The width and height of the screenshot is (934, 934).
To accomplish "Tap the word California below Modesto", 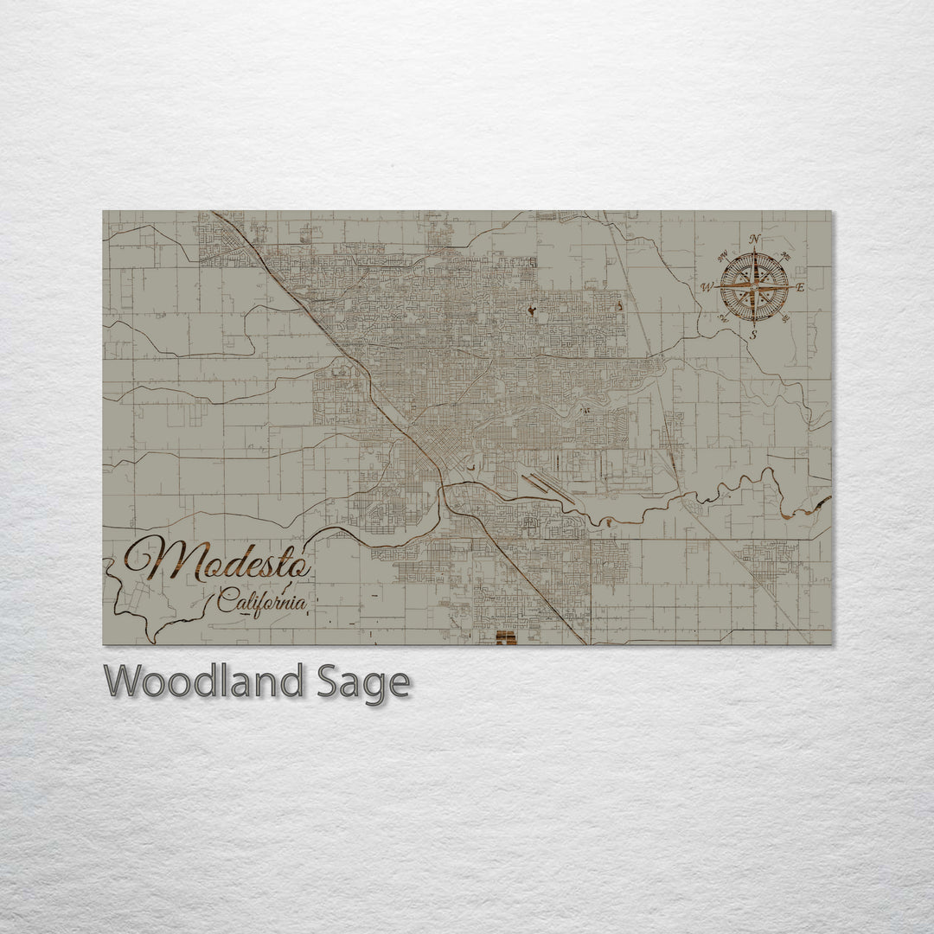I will [260, 599].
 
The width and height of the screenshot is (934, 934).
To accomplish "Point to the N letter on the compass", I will [754, 240].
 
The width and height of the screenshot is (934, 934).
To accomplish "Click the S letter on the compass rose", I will [753, 334].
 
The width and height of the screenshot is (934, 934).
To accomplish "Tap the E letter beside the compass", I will [800, 287].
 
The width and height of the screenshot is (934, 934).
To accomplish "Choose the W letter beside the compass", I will [707, 287].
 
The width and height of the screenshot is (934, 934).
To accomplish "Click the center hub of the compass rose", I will [754, 286].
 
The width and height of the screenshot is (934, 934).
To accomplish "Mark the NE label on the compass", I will [784, 255].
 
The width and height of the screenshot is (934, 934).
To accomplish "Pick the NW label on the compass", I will [723, 256].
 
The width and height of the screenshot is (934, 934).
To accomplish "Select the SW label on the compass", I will [724, 317].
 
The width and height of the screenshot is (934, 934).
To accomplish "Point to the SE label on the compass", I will [784, 317].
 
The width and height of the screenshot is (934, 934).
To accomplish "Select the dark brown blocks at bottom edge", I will [506, 638].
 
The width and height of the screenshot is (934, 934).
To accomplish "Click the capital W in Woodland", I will [125, 682].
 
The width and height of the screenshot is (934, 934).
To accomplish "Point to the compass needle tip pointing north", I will [754, 252].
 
